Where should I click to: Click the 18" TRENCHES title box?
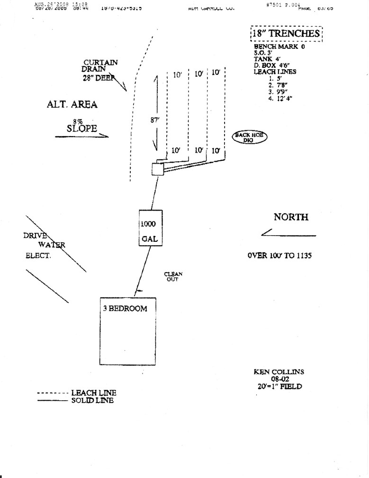coord(286,34)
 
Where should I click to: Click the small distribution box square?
coord(157,169)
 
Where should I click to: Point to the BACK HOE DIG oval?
coord(249,138)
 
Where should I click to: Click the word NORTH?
coord(291,217)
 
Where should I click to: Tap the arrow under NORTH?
coord(288,233)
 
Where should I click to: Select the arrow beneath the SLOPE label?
coord(81,137)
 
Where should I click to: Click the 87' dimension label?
coord(154,120)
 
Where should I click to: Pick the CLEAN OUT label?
coord(173,276)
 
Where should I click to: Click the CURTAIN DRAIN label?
coord(100,65)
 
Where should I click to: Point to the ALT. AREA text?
coord(72,105)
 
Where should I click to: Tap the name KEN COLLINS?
coord(278,372)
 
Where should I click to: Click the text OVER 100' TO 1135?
coord(279,255)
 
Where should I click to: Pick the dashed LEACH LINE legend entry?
coord(77,393)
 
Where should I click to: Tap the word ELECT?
coord(38,256)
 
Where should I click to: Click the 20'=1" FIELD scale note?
coord(278,386)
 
